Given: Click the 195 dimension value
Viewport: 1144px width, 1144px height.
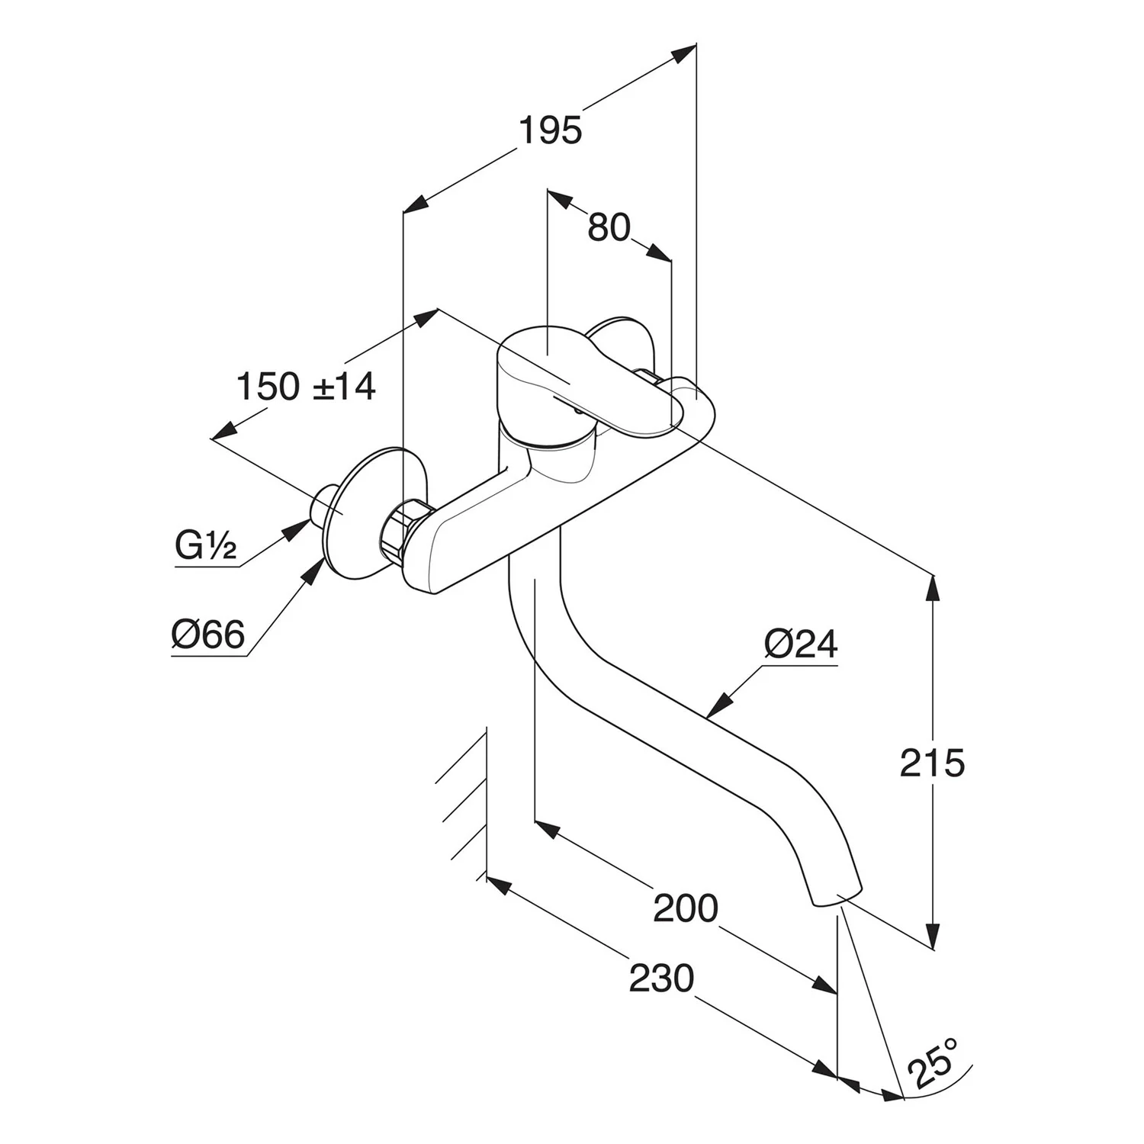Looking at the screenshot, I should tap(550, 131).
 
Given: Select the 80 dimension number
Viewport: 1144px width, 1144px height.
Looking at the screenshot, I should tap(609, 227).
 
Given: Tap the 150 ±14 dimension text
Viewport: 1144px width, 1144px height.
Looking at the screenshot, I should tap(306, 387).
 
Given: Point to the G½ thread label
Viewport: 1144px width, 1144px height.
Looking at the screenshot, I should tap(205, 546).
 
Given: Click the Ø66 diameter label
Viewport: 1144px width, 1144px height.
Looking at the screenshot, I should tap(207, 635).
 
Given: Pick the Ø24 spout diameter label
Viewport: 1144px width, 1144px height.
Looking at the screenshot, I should tap(800, 645).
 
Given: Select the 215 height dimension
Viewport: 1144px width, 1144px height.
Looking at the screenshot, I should tap(932, 762).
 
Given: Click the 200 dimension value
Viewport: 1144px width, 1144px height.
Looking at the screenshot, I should tap(686, 908).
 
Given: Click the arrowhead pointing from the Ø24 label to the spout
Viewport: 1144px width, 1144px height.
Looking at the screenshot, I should tap(718, 705).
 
